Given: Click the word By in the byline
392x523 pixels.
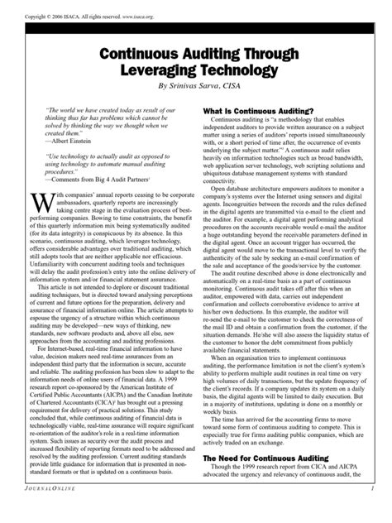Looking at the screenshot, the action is (x=151, y=87).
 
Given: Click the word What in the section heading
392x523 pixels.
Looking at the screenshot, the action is (x=215, y=111).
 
